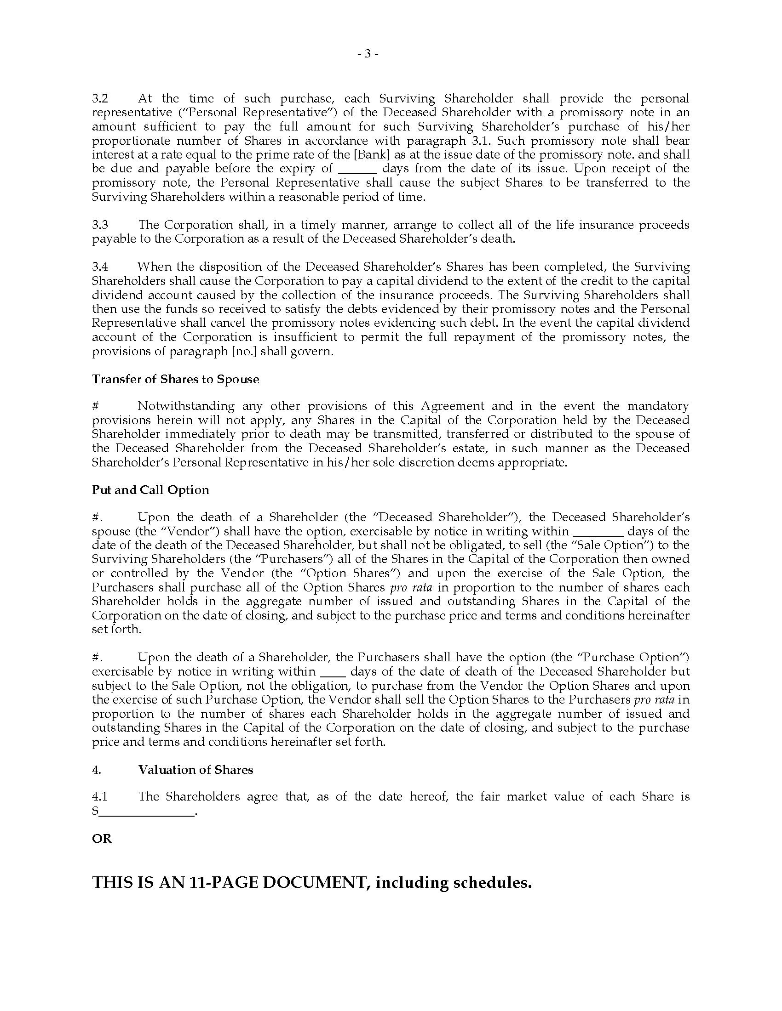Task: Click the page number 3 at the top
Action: click(x=368, y=54)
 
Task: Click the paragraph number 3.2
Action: click(x=100, y=99)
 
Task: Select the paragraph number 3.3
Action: click(x=100, y=225)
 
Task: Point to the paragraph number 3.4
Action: click(x=100, y=267)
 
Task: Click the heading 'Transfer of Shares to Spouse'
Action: click(x=175, y=379)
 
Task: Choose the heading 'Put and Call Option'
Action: click(x=150, y=490)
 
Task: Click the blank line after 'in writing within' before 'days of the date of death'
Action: click(x=333, y=673)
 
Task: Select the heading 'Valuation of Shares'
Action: click(x=195, y=770)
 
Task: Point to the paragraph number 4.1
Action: click(x=100, y=797)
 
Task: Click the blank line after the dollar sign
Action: click(x=146, y=812)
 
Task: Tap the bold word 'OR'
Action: click(x=102, y=839)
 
